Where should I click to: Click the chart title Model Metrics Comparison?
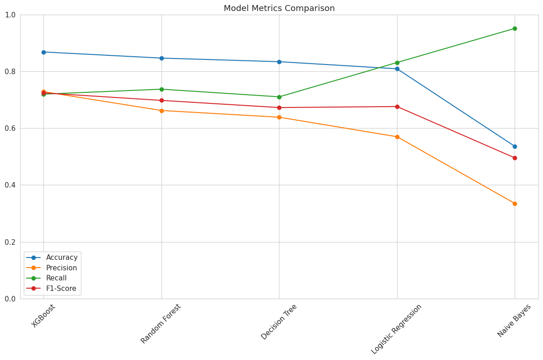coord(279,8)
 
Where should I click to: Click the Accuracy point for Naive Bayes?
coord(515,146)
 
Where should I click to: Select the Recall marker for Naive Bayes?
coord(515,28)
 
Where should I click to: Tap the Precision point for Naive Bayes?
coord(515,204)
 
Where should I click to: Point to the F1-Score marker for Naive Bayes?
coord(515,158)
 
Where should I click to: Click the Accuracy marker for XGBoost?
coord(43,52)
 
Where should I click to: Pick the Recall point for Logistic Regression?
coord(397,63)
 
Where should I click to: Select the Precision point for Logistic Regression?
coord(397,137)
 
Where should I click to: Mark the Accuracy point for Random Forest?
coord(161,58)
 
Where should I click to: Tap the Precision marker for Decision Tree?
coord(279,117)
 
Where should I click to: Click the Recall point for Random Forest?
coord(161,89)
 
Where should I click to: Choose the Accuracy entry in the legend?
coord(62,258)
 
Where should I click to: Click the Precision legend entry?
coord(61,268)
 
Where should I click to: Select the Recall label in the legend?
coord(56,278)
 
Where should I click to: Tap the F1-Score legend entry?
coord(61,289)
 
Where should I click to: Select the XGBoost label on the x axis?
coord(43,316)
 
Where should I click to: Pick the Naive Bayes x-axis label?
coord(514,321)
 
